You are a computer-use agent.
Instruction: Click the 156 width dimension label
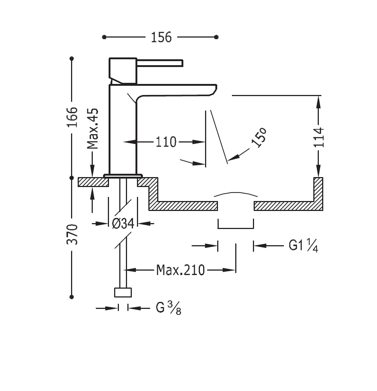tap(161, 38)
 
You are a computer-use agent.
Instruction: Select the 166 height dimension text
tap(72, 117)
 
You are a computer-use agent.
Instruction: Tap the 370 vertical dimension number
tap(72, 234)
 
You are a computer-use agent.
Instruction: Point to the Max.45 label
tap(92, 128)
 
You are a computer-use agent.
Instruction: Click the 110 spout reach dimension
tap(166, 142)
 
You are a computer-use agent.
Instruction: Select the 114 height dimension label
tap(319, 137)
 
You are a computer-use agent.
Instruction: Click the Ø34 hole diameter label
tap(123, 223)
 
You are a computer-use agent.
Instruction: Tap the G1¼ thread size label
tap(303, 245)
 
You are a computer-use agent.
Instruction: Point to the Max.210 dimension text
tap(180, 270)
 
